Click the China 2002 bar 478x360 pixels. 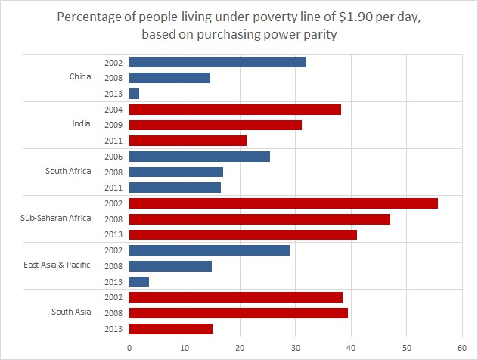(218, 62)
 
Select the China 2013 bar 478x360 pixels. (135, 93)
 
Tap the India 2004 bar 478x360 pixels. (235, 109)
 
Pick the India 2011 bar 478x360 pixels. (188, 140)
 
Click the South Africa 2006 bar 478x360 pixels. (200, 157)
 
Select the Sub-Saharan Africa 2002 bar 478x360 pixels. (284, 203)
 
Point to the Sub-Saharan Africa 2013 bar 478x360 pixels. (243, 234)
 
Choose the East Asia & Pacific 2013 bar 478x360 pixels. (139, 281)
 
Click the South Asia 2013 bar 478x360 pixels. (171, 328)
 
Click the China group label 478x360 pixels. (80, 77)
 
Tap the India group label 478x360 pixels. (82, 124)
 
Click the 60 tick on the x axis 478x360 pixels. (461, 348)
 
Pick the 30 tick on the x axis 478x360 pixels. (296, 348)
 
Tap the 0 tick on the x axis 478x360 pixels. (129, 348)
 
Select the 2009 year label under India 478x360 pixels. (114, 125)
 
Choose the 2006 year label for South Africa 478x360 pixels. (114, 157)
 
